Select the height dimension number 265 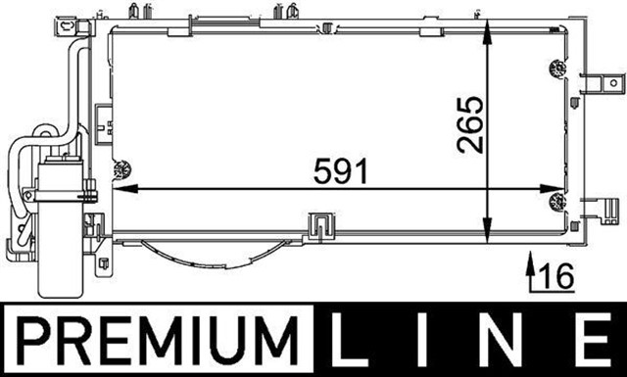point(470,124)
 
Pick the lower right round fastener point(558,203)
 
